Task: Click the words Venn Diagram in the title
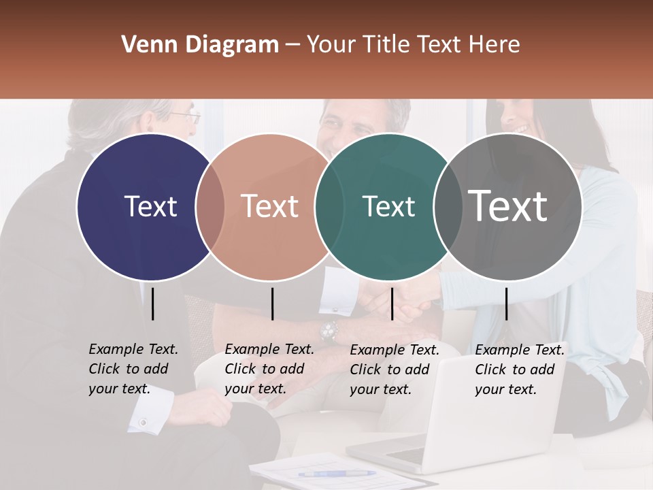[x=200, y=45]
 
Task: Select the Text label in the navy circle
[x=150, y=206]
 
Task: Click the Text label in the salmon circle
[x=270, y=206]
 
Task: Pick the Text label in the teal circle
[x=388, y=206]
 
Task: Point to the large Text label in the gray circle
[x=508, y=206]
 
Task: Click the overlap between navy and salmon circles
[x=210, y=207]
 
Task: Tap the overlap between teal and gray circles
[x=448, y=207]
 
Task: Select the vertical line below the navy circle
[x=153, y=304]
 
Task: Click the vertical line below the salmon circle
[x=272, y=304]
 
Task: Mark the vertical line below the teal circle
[x=392, y=304]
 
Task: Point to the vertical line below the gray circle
[x=506, y=304]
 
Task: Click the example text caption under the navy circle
[x=133, y=369]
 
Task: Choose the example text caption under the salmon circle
[x=269, y=369]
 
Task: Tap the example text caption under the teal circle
[x=395, y=370]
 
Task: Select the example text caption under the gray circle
[x=520, y=370]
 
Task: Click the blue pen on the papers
[x=336, y=473]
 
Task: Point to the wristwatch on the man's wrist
[x=329, y=331]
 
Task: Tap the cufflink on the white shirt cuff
[x=143, y=423]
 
